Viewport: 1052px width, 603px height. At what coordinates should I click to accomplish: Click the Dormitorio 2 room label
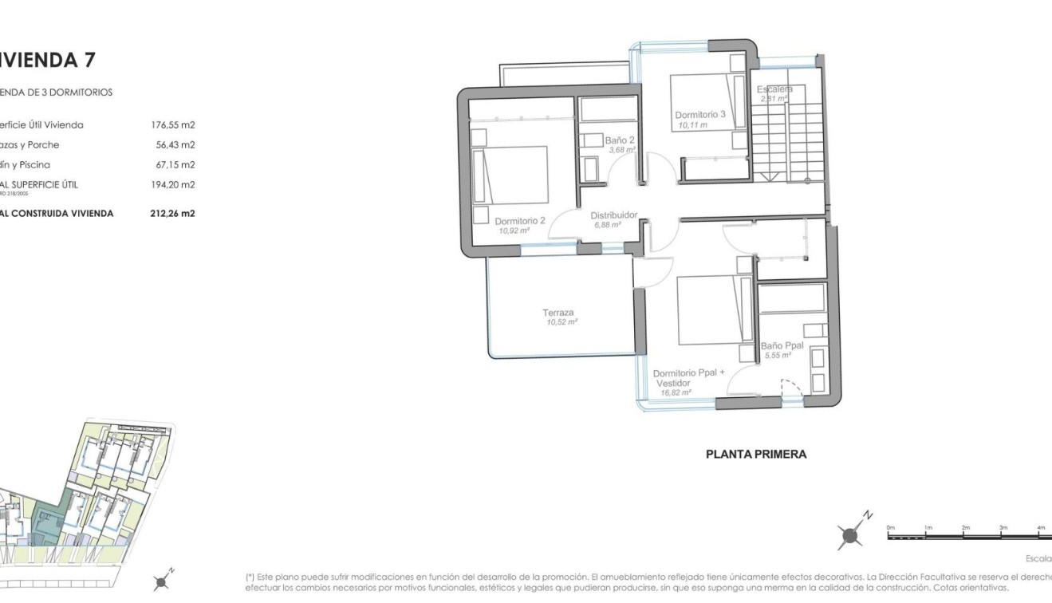519,221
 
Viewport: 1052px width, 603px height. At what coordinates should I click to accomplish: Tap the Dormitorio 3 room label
699,114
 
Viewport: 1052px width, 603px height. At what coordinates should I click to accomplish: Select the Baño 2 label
619,140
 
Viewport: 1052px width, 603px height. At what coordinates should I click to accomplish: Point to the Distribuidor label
613,215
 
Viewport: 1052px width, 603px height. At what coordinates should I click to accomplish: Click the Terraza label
558,313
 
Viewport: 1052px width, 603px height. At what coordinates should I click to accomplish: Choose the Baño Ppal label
781,345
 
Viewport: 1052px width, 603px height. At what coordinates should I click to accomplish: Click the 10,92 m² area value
514,231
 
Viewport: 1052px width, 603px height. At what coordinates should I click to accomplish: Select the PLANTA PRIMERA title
756,455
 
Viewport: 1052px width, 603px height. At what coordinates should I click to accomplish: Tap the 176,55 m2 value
172,125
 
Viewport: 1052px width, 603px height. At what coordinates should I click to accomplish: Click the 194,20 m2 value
172,185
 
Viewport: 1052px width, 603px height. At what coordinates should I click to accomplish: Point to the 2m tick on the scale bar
965,529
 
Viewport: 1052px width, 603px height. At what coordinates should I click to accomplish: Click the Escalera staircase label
774,89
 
